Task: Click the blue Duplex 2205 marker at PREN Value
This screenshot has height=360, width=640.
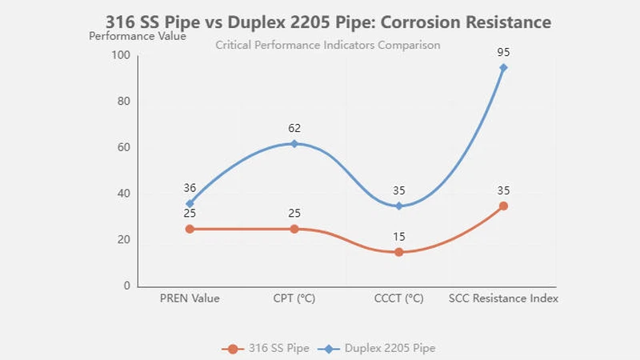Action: click(x=190, y=203)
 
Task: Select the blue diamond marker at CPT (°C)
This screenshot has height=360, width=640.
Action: click(x=294, y=143)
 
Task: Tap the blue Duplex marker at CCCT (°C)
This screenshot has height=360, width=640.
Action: click(x=398, y=206)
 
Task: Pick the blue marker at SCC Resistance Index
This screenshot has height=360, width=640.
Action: click(x=503, y=67)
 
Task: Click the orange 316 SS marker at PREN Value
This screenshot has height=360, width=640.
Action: click(x=190, y=229)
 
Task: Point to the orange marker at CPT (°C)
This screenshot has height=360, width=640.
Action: click(x=294, y=229)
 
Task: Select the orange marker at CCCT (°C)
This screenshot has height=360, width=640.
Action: click(x=398, y=252)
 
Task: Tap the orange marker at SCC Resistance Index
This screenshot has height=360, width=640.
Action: click(x=503, y=206)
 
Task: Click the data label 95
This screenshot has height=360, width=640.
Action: click(x=503, y=53)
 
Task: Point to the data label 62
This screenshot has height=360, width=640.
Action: click(x=294, y=128)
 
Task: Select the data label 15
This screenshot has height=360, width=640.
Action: click(x=398, y=237)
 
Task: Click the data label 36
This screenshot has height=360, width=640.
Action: click(x=190, y=188)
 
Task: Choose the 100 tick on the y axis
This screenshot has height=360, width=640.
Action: click(x=121, y=55)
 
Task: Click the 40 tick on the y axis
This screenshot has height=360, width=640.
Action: click(x=123, y=194)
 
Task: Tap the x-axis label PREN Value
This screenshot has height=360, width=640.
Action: click(x=190, y=298)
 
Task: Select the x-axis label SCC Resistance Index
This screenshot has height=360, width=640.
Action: click(x=503, y=298)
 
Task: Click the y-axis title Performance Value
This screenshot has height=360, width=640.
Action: click(x=137, y=35)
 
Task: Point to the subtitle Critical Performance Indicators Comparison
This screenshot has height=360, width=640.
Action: click(x=328, y=45)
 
